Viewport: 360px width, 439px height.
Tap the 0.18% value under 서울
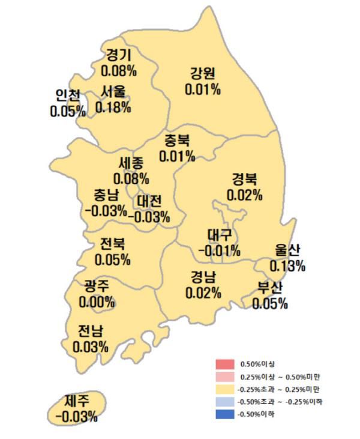coord(113,107)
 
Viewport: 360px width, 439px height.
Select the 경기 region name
coord(119,56)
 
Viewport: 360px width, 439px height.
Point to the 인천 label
coord(67,95)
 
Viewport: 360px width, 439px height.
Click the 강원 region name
coord(203,74)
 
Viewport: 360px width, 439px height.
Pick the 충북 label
coord(177,142)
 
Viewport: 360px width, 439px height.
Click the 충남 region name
coord(106,195)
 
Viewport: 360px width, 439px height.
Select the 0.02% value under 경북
coord(244,195)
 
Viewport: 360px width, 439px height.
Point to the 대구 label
coord(220,234)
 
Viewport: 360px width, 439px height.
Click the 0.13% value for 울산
coord(288,265)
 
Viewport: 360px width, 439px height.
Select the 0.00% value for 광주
coord(96,302)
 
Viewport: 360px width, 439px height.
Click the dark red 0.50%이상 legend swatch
coord(224,364)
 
